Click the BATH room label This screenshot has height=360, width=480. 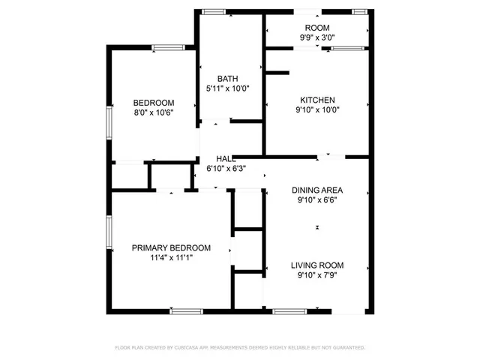click(227, 79)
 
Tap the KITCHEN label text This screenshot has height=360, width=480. click(317, 100)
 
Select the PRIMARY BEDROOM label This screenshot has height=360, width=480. click(171, 247)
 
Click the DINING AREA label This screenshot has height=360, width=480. click(317, 190)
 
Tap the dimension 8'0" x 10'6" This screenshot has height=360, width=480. click(154, 112)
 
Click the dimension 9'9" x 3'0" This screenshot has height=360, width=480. click(317, 37)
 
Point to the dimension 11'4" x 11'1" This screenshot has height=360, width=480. click(171, 258)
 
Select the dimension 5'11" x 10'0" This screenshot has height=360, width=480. click(227, 88)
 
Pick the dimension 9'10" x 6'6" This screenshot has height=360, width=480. click(317, 200)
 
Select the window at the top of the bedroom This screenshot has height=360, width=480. click(169, 48)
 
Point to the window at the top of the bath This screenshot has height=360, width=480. click(214, 11)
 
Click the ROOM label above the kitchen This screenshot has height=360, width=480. click(317, 27)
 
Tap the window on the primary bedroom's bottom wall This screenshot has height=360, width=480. click(187, 310)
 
